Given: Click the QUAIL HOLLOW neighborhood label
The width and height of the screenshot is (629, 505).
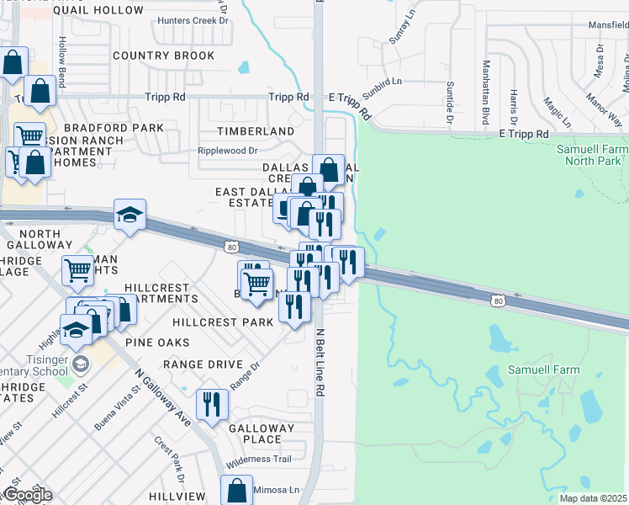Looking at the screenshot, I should [x=98, y=10].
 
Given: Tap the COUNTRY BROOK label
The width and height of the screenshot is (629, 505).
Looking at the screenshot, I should [x=163, y=56].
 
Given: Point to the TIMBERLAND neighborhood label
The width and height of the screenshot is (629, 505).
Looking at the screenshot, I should [x=256, y=132].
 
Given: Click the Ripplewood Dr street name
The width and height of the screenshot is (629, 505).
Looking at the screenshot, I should [x=227, y=151].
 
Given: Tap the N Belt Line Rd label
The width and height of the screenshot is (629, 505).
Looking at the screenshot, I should [x=320, y=362].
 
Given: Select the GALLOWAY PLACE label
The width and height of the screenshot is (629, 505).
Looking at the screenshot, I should [x=262, y=433].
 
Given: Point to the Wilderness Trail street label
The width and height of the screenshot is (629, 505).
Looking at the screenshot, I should [x=258, y=459].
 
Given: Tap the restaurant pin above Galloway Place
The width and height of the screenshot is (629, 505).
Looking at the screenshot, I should [x=212, y=404].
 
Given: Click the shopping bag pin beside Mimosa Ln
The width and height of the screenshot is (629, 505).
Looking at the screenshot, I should [x=237, y=490].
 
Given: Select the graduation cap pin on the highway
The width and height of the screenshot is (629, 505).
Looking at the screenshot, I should [x=129, y=215].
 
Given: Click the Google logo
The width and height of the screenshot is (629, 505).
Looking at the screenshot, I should [x=27, y=495].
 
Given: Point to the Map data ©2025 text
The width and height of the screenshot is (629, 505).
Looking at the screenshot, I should [x=593, y=498].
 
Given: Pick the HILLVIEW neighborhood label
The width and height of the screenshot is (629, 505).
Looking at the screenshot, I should [x=177, y=497].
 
